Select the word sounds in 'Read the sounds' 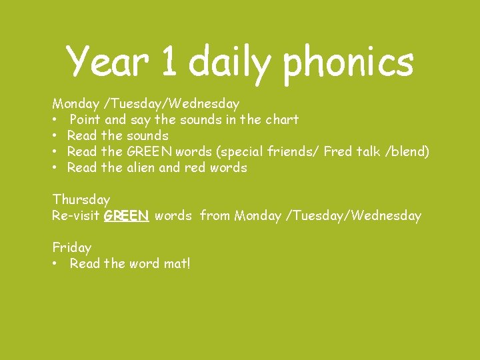pos(147,136)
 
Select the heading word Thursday pos(81,199)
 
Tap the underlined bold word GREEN pos(126,215)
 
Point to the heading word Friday pos(72,247)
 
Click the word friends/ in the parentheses pos(294,152)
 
